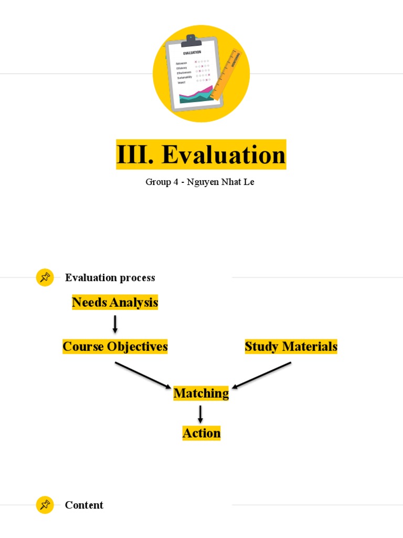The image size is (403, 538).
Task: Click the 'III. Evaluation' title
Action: pyautogui.click(x=201, y=154)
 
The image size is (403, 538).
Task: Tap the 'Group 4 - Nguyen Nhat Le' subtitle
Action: pyautogui.click(x=200, y=182)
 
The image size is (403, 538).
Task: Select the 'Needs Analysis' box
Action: pyautogui.click(x=115, y=303)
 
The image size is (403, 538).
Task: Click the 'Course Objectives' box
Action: pyautogui.click(x=115, y=347)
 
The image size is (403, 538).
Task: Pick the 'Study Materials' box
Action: pyautogui.click(x=291, y=347)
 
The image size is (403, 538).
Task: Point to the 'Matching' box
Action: pyautogui.click(x=201, y=393)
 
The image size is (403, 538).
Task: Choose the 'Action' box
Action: pyautogui.click(x=201, y=433)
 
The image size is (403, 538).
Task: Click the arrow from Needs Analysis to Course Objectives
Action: pyautogui.click(x=115, y=324)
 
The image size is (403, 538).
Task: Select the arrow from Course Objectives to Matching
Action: pyautogui.click(x=143, y=375)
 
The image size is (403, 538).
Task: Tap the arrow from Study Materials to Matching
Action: pyautogui.click(x=261, y=375)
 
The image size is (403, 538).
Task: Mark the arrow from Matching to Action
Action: pyautogui.click(x=200, y=413)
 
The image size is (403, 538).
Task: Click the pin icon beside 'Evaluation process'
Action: pyautogui.click(x=45, y=277)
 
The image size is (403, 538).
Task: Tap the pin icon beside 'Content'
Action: pyautogui.click(x=45, y=505)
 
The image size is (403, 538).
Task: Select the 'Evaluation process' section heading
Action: pyautogui.click(x=110, y=277)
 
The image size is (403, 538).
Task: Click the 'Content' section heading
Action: pyautogui.click(x=84, y=505)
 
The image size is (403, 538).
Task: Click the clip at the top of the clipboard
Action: pyautogui.click(x=190, y=39)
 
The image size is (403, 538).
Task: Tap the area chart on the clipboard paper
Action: pyautogui.click(x=196, y=95)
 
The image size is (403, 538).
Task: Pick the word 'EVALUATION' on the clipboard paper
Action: pyautogui.click(x=192, y=53)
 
